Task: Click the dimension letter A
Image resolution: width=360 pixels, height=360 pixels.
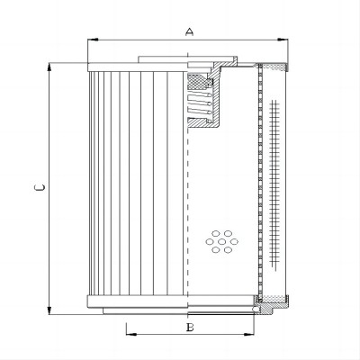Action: coord(189,31)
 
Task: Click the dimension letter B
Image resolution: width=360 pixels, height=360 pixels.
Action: coord(190,328)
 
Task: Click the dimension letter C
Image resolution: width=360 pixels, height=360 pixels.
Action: coord(40,188)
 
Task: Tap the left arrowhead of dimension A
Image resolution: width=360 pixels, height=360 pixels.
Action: coord(93,40)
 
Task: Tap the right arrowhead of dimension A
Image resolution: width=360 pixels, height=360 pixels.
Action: coord(283,40)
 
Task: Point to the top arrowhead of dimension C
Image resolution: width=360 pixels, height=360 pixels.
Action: coord(49,67)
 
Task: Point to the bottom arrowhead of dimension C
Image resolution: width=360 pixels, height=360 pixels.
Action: coord(49,310)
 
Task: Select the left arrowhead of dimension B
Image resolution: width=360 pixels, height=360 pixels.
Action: coord(131,334)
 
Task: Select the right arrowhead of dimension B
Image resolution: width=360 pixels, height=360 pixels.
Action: coord(248,334)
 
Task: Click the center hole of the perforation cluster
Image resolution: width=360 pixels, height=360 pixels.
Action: coord(222,241)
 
